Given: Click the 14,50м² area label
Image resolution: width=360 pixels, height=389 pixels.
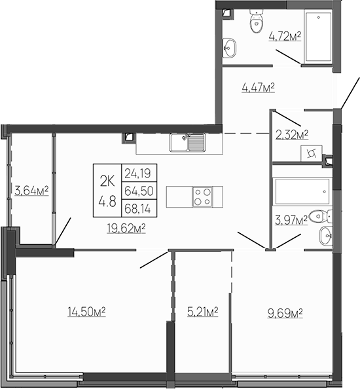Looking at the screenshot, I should [x=86, y=312].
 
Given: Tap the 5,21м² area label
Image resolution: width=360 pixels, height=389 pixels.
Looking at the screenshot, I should [x=202, y=312].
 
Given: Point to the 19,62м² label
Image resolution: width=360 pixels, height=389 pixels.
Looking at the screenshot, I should [x=125, y=228].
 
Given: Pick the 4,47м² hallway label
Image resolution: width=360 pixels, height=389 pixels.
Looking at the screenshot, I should [x=257, y=88].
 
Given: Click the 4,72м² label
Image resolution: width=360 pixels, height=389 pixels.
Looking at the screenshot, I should [x=285, y=37].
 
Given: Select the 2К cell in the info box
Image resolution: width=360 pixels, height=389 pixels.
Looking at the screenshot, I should [x=107, y=175].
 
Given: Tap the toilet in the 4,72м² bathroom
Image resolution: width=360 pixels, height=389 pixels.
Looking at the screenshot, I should [x=255, y=24].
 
